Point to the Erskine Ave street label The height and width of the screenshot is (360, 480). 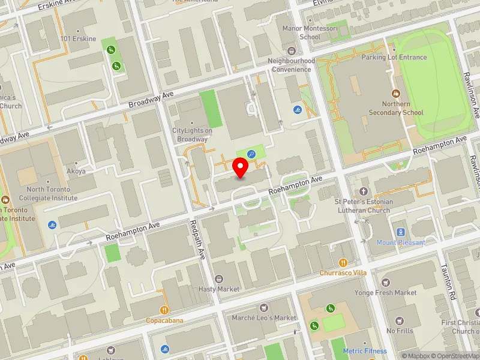point(59,5)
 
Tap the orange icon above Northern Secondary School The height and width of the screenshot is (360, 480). point(395,94)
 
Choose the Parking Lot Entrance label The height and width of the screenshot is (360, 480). point(394,58)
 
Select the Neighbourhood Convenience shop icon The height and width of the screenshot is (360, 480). point(292,51)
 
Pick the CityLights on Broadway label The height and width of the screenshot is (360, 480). point(192,135)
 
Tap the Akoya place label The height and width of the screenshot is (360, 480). point(76,171)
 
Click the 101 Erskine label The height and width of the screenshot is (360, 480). point(78,39)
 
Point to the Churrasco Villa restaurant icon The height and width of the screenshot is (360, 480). point(343,262)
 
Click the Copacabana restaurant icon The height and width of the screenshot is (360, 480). point(164,310)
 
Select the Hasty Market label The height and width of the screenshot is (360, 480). point(220,289)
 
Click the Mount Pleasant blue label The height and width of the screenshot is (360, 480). point(400,242)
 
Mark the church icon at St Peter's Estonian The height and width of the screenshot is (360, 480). point(364,191)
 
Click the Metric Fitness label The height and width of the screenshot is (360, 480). point(365,351)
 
